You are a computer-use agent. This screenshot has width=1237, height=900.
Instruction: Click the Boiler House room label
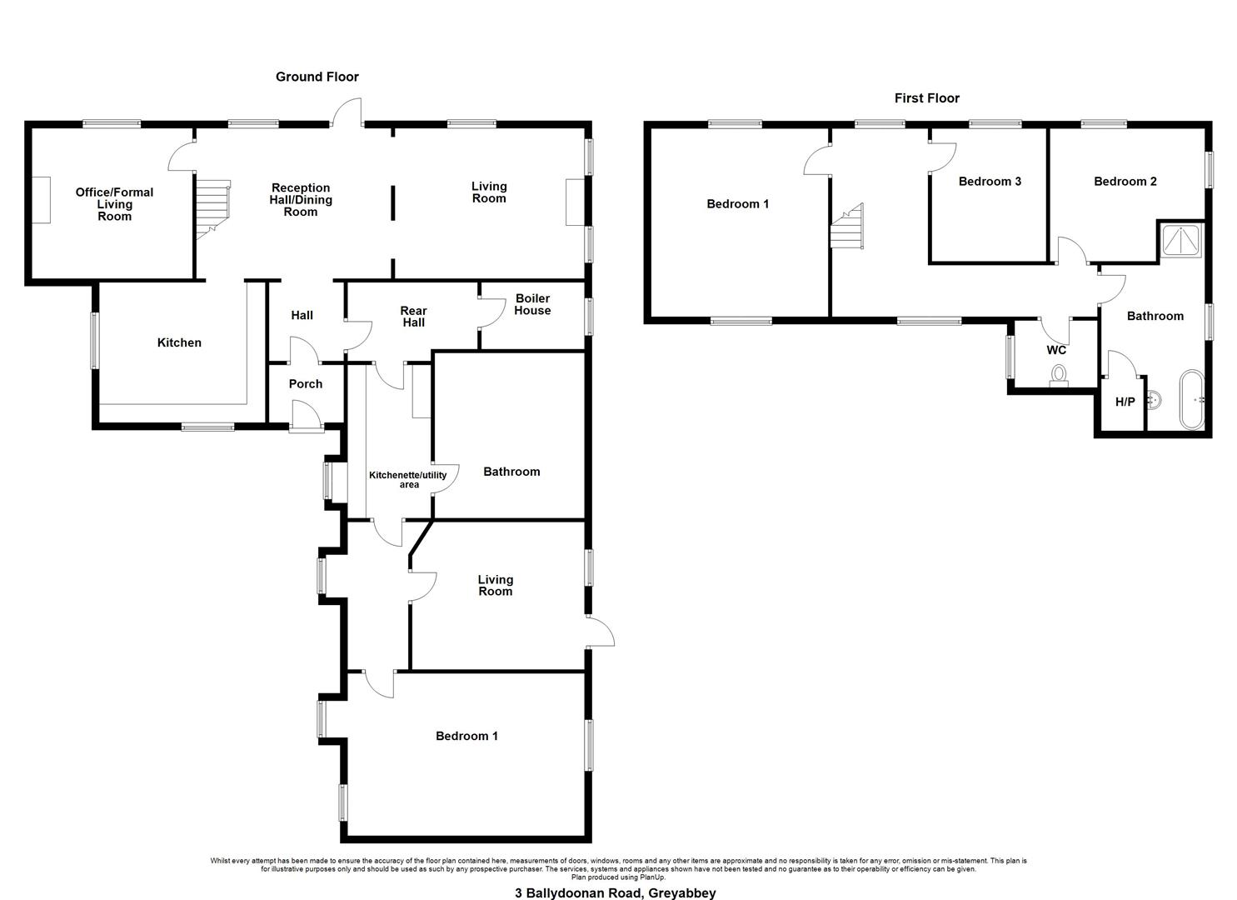point(532,304)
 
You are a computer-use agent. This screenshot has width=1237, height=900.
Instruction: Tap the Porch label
point(306,384)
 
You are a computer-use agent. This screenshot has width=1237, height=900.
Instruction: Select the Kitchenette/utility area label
point(408,479)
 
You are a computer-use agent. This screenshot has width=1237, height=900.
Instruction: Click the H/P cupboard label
point(1125,402)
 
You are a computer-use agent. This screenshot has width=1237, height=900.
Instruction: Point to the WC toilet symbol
point(1059,375)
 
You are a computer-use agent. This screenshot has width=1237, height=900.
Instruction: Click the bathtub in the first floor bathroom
point(1192,399)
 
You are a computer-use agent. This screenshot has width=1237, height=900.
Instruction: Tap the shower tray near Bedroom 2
point(1181,240)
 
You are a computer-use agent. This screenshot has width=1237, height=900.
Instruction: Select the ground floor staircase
point(212,209)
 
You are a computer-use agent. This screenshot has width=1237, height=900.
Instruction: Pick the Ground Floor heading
point(317,77)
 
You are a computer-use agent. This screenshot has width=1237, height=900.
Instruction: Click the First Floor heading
point(926,98)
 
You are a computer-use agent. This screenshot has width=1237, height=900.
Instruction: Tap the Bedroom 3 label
point(990,181)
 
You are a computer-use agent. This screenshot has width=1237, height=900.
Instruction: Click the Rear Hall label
point(414,317)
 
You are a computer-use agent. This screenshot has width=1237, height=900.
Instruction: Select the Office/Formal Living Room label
point(114,204)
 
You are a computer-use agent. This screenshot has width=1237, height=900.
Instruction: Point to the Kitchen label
point(179,342)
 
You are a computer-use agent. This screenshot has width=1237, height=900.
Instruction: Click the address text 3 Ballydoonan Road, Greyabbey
point(616,892)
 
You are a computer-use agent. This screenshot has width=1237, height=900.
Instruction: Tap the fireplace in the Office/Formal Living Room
point(41,200)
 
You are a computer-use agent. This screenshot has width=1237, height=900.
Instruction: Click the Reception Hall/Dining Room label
point(301,199)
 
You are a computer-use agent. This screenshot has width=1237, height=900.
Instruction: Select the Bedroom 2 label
point(1125,181)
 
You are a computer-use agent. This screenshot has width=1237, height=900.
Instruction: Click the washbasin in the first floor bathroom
point(1155,400)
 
